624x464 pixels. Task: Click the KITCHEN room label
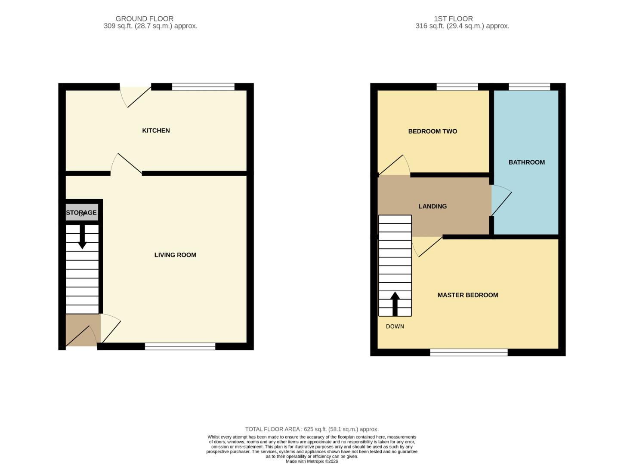[156, 131]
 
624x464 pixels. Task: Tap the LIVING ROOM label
[175, 255]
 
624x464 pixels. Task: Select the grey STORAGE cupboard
[82, 213]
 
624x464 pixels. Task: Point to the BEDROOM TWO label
[432, 131]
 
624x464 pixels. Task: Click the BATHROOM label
[526, 162]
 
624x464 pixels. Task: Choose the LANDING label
[432, 206]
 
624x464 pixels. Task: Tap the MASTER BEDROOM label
[468, 295]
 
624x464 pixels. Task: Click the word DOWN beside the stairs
[395, 327]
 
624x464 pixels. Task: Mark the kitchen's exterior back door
[136, 96]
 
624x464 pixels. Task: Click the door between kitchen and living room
[127, 165]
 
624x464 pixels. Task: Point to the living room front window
[180, 346]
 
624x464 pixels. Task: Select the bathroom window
[529, 87]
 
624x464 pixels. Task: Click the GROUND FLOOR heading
[145, 19]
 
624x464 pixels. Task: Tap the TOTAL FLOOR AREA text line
[312, 429]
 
